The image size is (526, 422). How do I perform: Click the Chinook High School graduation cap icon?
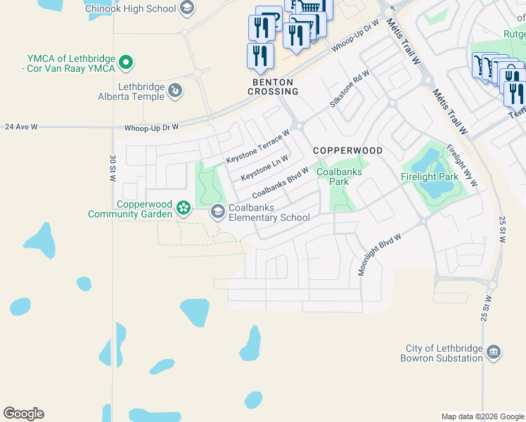pyautogui.click(x=186, y=8)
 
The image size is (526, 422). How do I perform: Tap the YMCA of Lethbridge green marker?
pyautogui.click(x=127, y=63)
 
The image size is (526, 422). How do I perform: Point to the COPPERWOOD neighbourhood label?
pyautogui.click(x=347, y=151)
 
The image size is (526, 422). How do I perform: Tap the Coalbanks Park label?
pyautogui.click(x=333, y=177)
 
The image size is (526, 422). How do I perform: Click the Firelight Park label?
pyautogui.click(x=430, y=177)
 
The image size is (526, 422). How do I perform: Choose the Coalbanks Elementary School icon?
pyautogui.click(x=218, y=211)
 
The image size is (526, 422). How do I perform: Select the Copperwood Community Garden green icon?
pyautogui.click(x=184, y=207)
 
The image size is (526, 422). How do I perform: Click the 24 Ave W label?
pyautogui.click(x=20, y=127)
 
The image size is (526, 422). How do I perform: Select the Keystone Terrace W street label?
pyautogui.click(x=258, y=146)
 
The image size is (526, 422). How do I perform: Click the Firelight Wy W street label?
pyautogui.click(x=462, y=165)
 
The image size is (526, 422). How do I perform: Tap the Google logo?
pyautogui.click(x=24, y=414)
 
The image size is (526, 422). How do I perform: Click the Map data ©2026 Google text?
pyautogui.click(x=482, y=416)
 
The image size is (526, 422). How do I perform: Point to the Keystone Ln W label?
pyautogui.click(x=264, y=168)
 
